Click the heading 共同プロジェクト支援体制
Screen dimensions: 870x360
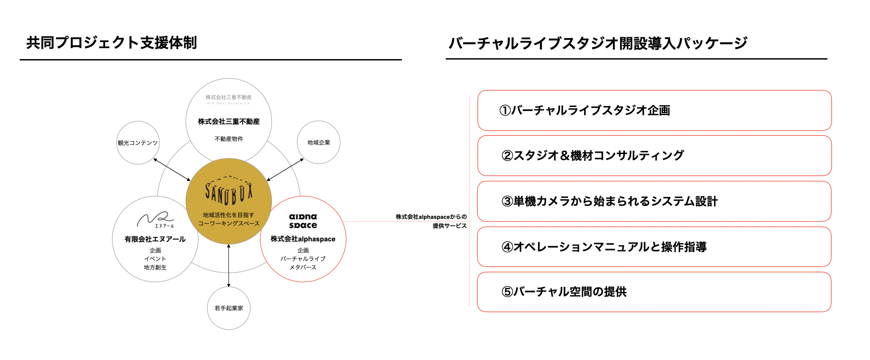coord(112,43)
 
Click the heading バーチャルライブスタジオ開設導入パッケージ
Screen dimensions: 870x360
coord(598,43)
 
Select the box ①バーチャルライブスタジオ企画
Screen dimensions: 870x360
coord(654,111)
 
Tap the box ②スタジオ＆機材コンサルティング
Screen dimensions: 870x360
coord(654,156)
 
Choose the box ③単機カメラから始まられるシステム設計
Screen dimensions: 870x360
coord(654,201)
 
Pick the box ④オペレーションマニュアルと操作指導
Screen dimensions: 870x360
coord(654,247)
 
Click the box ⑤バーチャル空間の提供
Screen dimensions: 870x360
coord(654,292)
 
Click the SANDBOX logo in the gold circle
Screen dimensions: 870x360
coord(228,192)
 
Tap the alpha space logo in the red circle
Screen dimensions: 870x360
coord(303,221)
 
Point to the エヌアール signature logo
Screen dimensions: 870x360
coord(155,220)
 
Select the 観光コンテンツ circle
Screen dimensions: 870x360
coord(138,143)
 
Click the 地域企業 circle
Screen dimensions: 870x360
coord(319,142)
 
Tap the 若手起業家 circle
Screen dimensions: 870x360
coord(228,308)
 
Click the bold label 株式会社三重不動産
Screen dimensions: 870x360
coord(228,121)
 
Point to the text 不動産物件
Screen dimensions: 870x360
coord(228,139)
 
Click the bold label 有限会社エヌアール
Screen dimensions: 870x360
coord(155,239)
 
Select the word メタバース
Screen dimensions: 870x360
coord(303,267)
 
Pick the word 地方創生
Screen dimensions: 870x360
coord(155,267)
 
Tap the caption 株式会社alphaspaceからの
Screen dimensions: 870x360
coord(431,217)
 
